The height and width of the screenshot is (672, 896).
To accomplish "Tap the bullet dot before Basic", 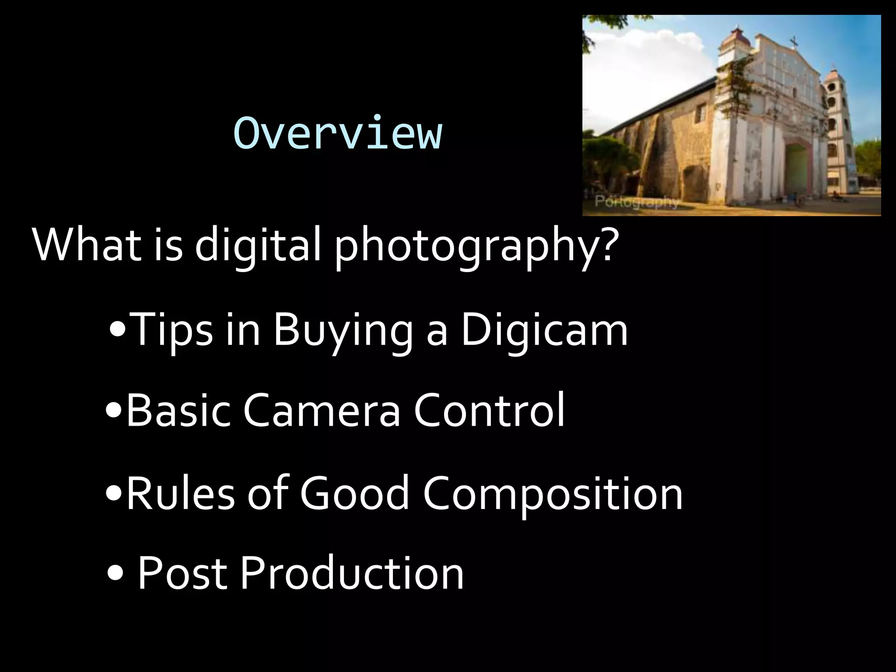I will click(x=114, y=411).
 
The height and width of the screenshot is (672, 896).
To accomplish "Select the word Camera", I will click(x=322, y=410).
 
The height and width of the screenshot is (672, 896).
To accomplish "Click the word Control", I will click(x=489, y=410).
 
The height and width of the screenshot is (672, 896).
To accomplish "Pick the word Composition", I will click(x=552, y=493).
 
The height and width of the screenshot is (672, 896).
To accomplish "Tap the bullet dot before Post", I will click(x=115, y=574).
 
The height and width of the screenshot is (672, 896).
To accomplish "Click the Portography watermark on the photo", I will click(x=637, y=202).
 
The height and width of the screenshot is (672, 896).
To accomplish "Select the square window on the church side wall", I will click(x=700, y=114).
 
